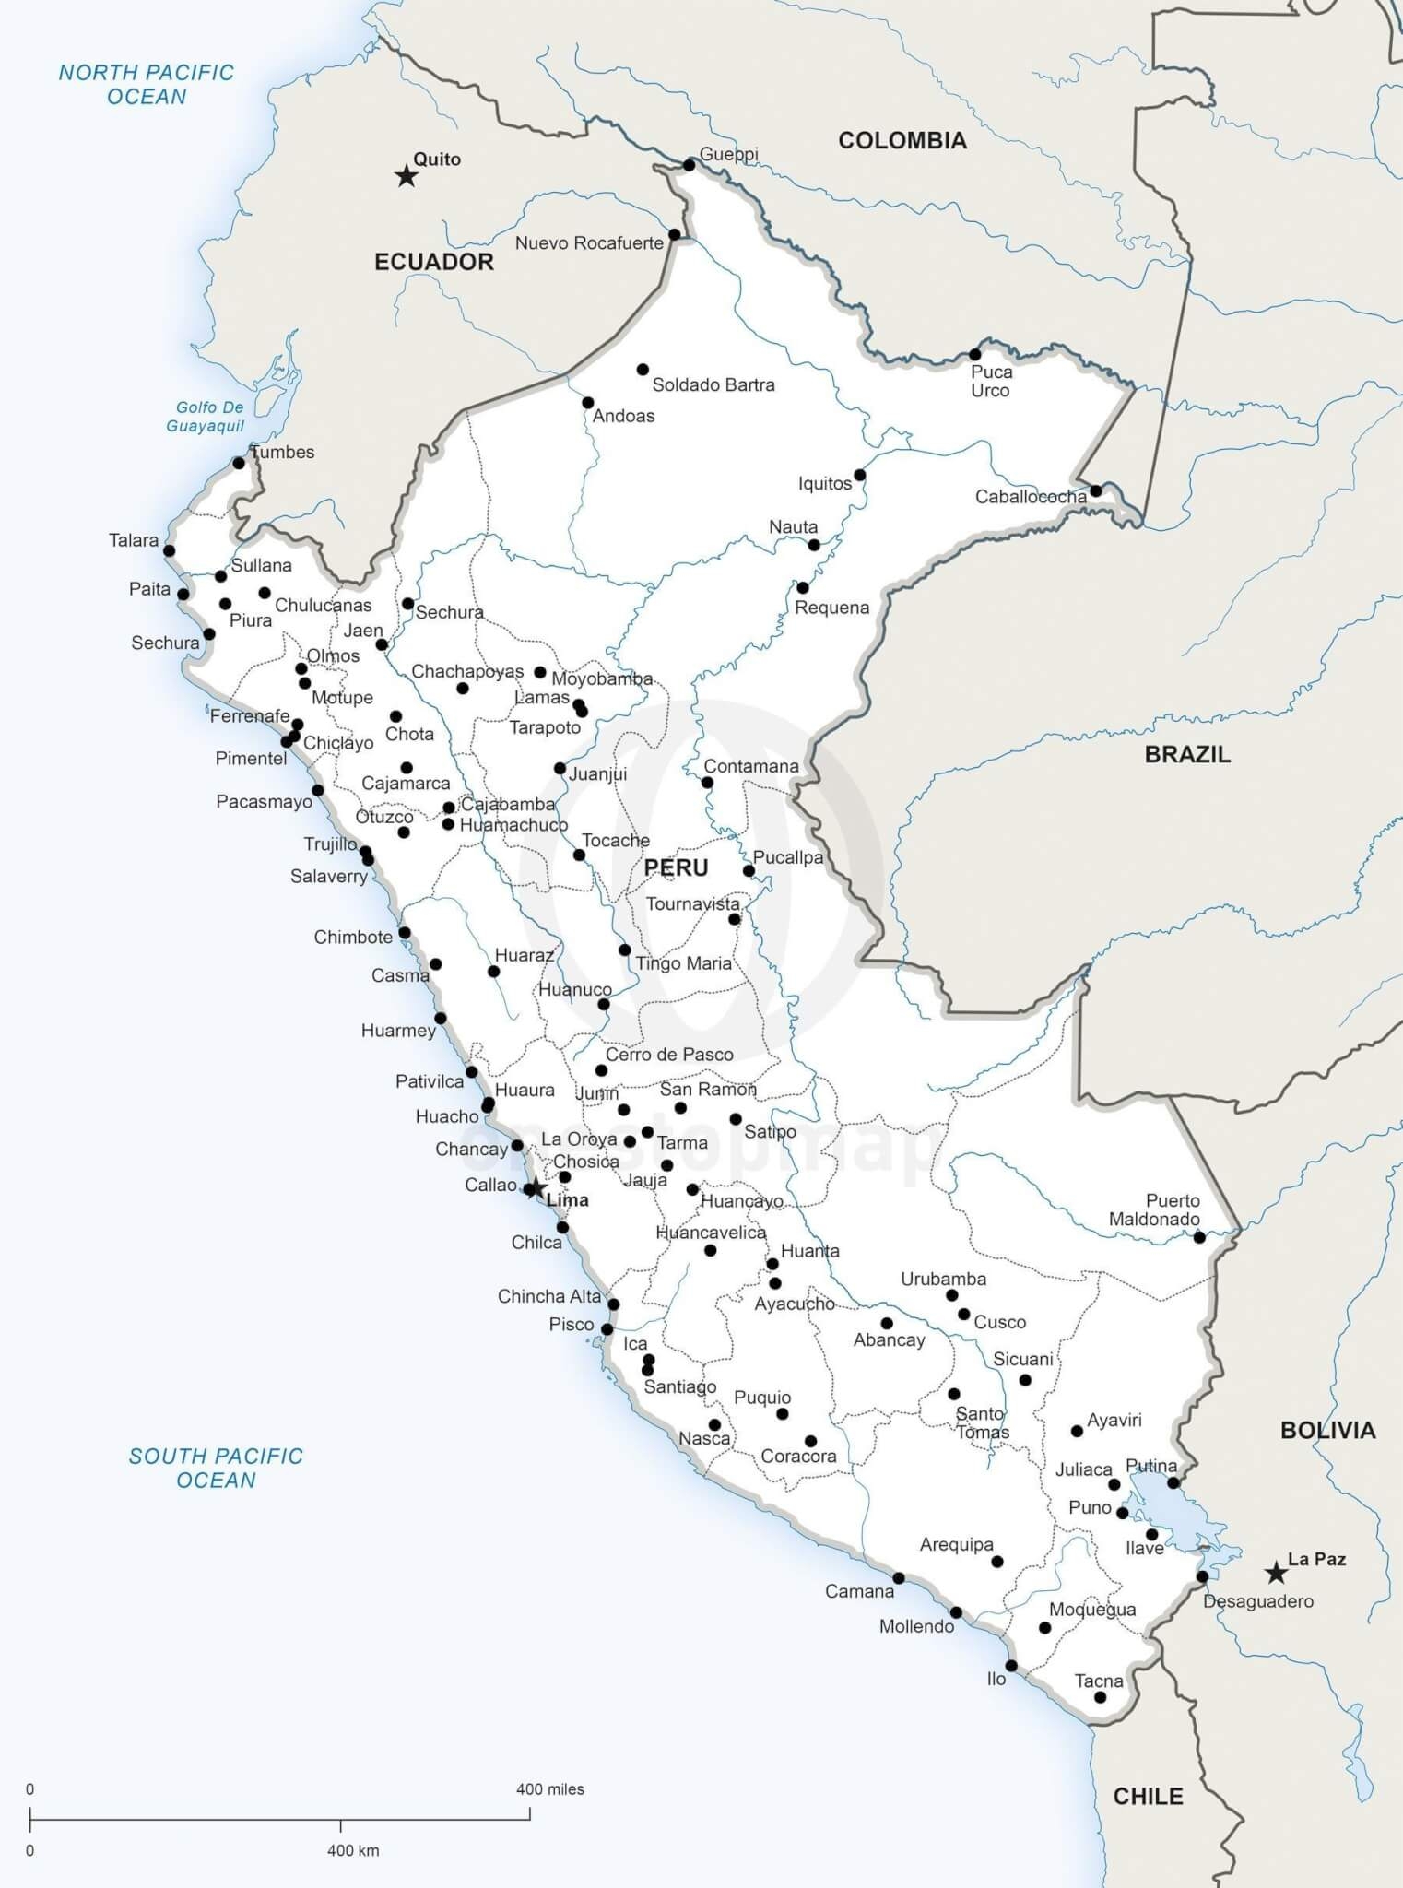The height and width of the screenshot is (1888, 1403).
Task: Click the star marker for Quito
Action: coord(406,176)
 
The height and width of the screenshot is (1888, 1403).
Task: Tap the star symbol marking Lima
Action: coord(534,1187)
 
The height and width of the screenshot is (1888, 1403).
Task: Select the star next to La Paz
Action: coord(1276,1573)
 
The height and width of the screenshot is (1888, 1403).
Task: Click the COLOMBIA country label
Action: coord(902,140)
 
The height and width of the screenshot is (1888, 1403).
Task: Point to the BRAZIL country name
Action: coord(1187,754)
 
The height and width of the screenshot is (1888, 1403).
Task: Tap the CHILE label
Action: coord(1148,1796)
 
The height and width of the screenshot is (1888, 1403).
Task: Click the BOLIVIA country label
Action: coord(1327,1430)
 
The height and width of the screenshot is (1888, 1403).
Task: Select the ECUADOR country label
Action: coord(433,262)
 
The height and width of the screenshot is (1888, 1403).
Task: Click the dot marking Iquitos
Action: coord(859,475)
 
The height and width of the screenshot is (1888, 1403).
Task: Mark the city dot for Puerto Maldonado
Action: coord(1199,1237)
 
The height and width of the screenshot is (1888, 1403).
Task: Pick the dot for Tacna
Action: coord(1100,1697)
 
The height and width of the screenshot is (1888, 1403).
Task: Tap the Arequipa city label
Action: coord(956,1544)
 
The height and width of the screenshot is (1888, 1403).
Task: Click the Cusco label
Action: coord(999,1322)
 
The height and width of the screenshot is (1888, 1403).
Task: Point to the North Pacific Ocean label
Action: coord(147,84)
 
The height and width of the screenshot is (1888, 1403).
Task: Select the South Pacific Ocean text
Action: coord(216,1468)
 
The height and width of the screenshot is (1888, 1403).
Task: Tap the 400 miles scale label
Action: coord(549,1789)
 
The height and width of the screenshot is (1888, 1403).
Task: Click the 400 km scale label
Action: coord(353,1850)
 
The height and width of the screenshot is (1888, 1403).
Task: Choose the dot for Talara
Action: coord(170,550)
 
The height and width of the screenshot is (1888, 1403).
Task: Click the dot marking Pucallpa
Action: coord(749,870)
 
